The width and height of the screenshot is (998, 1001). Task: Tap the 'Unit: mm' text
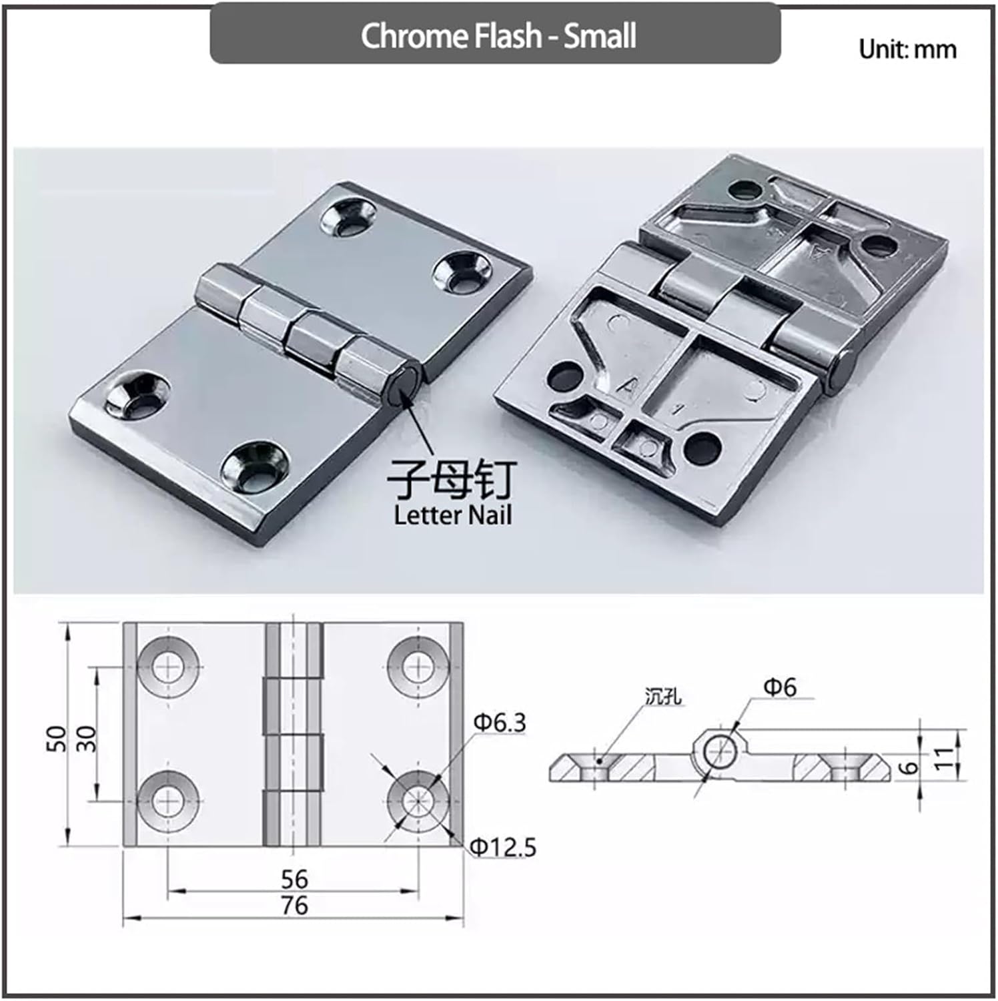[907, 49]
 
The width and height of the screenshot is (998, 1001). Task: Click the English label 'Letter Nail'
[452, 515]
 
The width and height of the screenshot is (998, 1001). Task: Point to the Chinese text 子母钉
[452, 480]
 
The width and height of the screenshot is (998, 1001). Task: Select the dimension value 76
[294, 906]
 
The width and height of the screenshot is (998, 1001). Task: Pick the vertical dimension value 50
[57, 738]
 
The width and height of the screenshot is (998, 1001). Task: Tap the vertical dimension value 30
[87, 738]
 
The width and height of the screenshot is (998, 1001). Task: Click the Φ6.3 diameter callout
[500, 722]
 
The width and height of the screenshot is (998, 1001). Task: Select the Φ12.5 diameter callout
[504, 848]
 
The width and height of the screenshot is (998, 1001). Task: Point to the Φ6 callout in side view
[779, 687]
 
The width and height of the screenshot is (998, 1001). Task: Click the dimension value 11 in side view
[943, 758]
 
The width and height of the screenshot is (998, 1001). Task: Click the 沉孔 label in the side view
[663, 697]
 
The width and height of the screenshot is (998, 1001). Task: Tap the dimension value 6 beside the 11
[908, 768]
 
